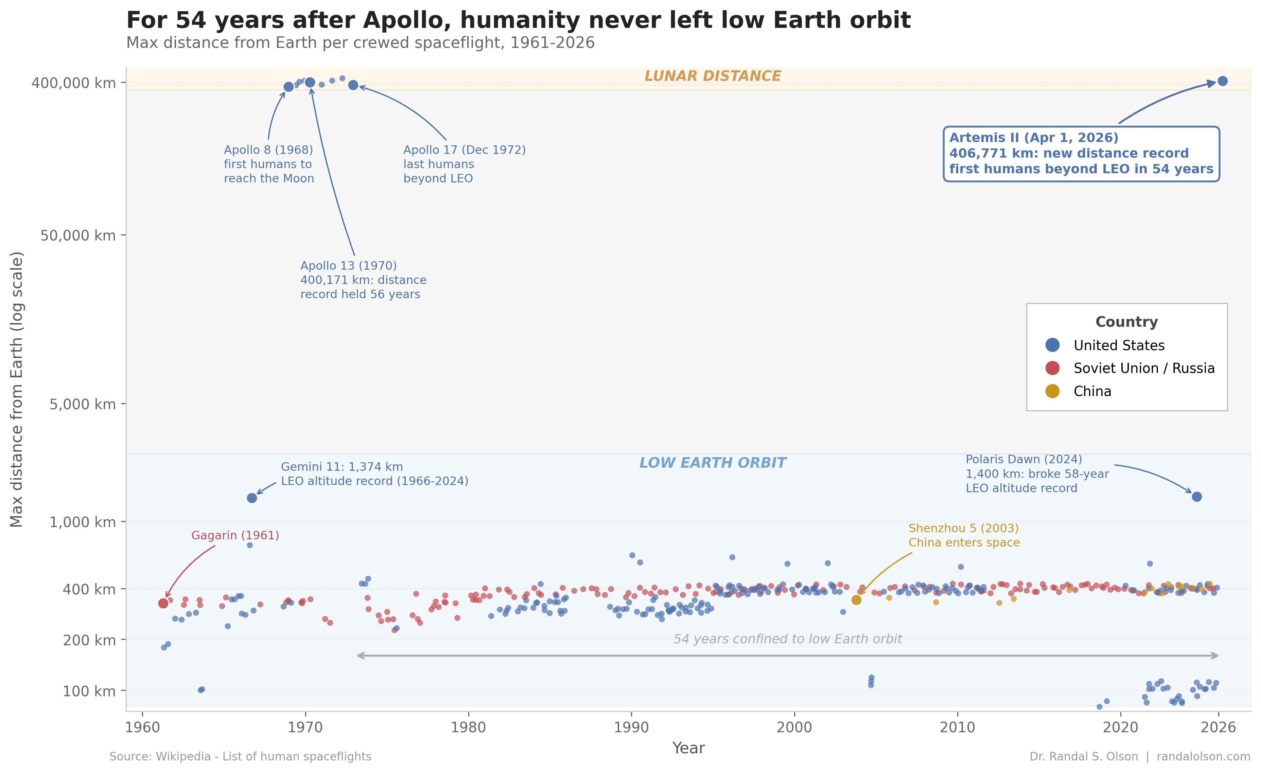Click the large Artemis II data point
click(x=1222, y=81)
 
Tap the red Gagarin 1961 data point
click(x=163, y=603)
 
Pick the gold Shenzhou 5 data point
click(x=856, y=599)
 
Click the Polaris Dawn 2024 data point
click(x=1196, y=497)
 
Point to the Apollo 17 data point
click(x=353, y=85)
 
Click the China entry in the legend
click(x=1092, y=391)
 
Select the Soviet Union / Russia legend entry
click(x=1143, y=368)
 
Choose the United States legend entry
click(x=1119, y=345)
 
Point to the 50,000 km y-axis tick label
click(x=78, y=235)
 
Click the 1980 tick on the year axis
click(x=468, y=727)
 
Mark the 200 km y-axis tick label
click(x=89, y=640)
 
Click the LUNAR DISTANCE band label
click(x=712, y=76)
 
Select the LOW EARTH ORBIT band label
click(x=712, y=463)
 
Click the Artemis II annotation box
click(x=1081, y=154)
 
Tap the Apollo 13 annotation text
click(x=363, y=280)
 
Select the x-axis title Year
click(x=688, y=748)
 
